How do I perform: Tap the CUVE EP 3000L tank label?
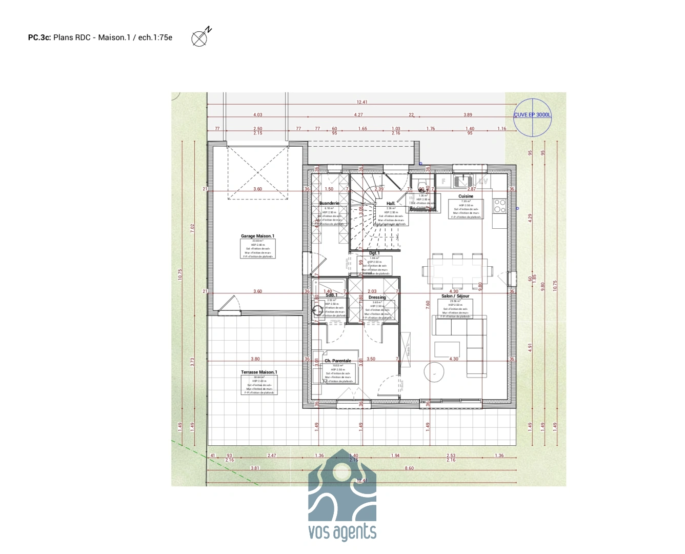[x=532, y=115]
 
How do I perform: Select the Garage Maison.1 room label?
[x=257, y=236]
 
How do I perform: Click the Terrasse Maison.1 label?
[x=259, y=372]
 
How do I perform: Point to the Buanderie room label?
[x=329, y=204]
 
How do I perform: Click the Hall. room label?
[x=391, y=204]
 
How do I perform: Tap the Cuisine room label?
[x=466, y=196]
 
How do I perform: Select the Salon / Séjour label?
[x=455, y=296]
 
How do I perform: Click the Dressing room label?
[x=377, y=298]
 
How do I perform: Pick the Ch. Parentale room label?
[x=338, y=361]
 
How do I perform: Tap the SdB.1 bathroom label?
[x=331, y=295]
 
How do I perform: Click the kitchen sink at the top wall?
[x=463, y=181]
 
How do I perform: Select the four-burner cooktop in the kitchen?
[x=499, y=206]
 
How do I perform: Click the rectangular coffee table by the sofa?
[x=447, y=349]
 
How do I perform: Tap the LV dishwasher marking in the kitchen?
[x=483, y=181]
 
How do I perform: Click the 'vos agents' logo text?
[x=342, y=532]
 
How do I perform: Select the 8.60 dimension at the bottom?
[x=409, y=468]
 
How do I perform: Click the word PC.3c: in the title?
[x=39, y=37]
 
